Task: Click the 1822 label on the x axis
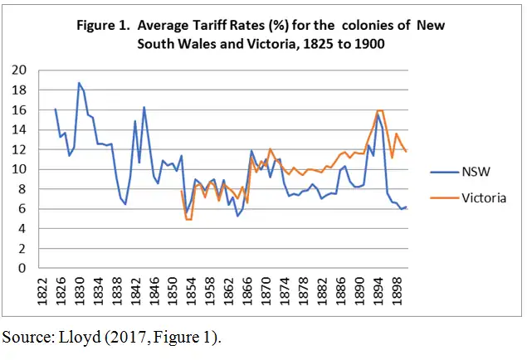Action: coord(41,291)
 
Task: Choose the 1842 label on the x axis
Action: coord(135,291)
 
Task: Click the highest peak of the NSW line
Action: coord(79,83)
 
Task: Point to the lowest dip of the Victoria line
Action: coord(188,219)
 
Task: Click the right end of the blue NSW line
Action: coord(407,207)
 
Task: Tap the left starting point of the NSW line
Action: coord(56,109)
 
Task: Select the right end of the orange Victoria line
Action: coord(407,152)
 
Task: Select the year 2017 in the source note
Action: coord(129,338)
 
